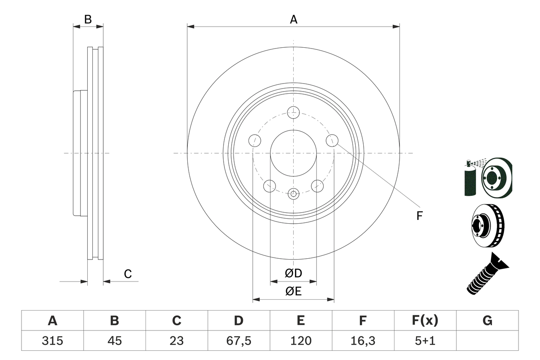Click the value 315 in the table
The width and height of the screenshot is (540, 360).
pyautogui.click(x=52, y=341)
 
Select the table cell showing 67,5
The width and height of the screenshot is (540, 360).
pyautogui.click(x=239, y=341)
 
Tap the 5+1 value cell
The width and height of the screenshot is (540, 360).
pyautogui.click(x=425, y=341)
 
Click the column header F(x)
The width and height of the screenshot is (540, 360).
pyautogui.click(x=425, y=321)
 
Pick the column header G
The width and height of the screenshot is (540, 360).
pyautogui.click(x=487, y=321)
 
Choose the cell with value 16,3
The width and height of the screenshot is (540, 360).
pyautogui.click(x=363, y=341)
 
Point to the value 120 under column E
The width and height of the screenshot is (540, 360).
pyautogui.click(x=301, y=341)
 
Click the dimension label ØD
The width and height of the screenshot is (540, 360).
pyautogui.click(x=294, y=273)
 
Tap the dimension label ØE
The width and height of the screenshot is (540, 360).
pyautogui.click(x=294, y=291)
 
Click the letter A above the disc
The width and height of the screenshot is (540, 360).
pyautogui.click(x=294, y=19)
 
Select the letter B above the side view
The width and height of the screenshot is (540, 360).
pyautogui.click(x=88, y=19)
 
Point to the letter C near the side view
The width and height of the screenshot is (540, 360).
pyautogui.click(x=128, y=274)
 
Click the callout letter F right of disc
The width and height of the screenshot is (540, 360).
pyautogui.click(x=419, y=216)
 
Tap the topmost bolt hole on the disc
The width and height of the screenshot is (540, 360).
pyautogui.click(x=293, y=113)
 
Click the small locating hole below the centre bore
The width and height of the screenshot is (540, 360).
pyautogui.click(x=293, y=194)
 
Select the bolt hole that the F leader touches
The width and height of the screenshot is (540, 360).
pyautogui.click(x=332, y=140)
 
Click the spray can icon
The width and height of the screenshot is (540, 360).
pyautogui.click(x=470, y=179)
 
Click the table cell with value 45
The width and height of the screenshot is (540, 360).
pyautogui.click(x=114, y=341)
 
